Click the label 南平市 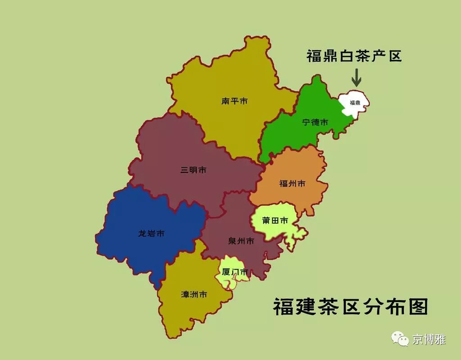[x=235, y=101]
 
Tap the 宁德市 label [x=315, y=122]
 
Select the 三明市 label [x=194, y=170]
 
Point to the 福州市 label [x=293, y=184]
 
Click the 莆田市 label [x=275, y=220]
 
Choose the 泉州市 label [x=241, y=241]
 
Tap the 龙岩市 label [x=151, y=234]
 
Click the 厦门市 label [x=235, y=272]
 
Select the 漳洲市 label [x=194, y=294]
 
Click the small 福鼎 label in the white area [x=355, y=103]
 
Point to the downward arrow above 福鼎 [x=356, y=77]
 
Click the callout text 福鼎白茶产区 [x=354, y=56]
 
